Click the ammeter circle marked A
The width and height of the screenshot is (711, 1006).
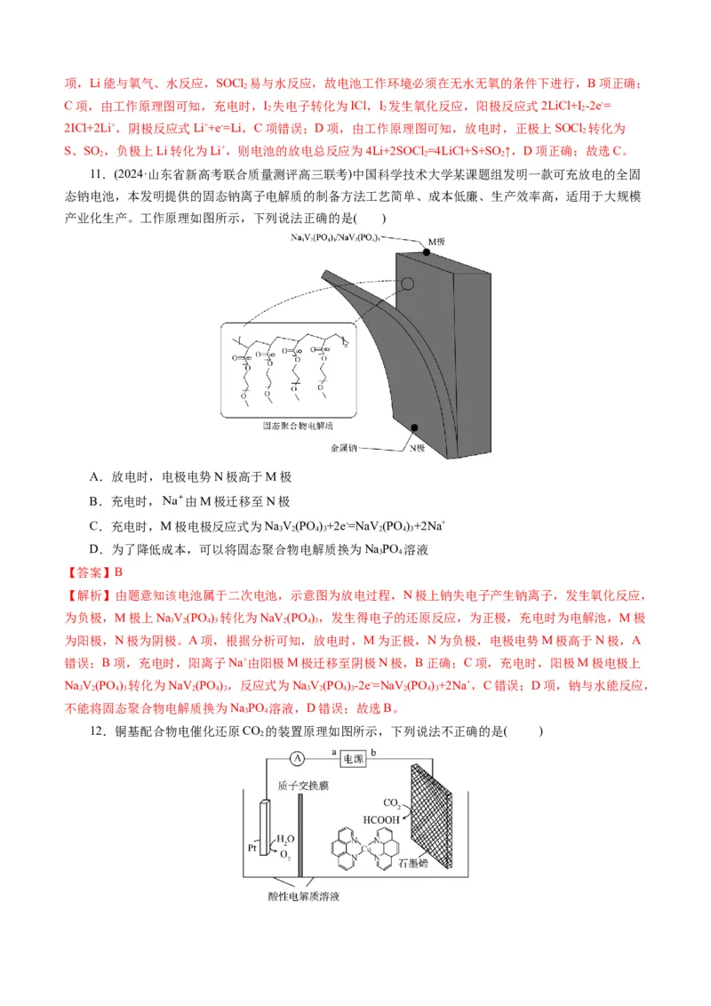click(x=299, y=757)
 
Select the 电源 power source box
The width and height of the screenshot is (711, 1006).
click(x=353, y=758)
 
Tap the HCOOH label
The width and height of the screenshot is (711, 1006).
click(x=383, y=818)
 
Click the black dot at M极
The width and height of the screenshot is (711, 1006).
click(x=427, y=252)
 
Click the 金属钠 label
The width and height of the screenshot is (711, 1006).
click(x=342, y=449)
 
